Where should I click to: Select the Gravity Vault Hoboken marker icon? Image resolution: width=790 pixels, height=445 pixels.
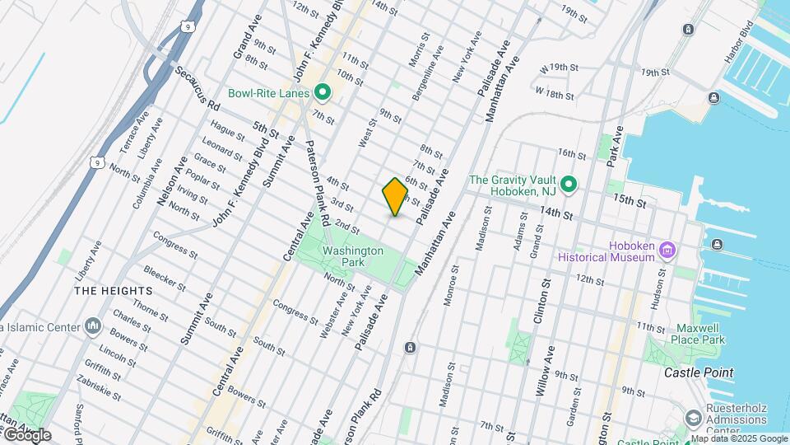point(569,184)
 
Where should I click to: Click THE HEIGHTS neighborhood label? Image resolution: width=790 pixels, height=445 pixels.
point(114,291)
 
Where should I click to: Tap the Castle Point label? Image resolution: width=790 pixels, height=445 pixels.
point(699,372)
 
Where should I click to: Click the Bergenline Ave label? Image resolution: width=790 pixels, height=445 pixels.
point(429,63)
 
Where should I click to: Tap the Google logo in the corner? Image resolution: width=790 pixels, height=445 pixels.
point(26,434)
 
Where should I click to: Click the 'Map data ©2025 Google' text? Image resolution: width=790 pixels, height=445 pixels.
point(739,438)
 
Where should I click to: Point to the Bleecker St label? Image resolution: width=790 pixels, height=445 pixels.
point(163,276)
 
